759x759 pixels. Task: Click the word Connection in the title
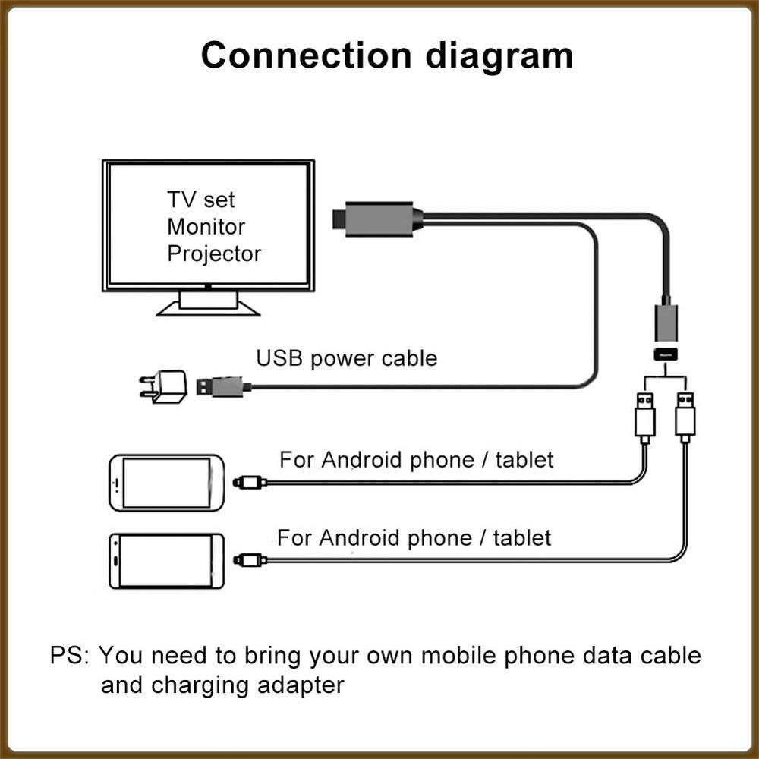pyautogui.click(x=306, y=55)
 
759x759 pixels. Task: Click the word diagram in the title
pyautogui.click(x=499, y=57)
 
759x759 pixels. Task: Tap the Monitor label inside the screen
pyautogui.click(x=206, y=226)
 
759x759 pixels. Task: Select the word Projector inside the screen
pyautogui.click(x=214, y=254)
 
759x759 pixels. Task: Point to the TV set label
pyautogui.click(x=201, y=200)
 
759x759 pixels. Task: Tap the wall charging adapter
pyautogui.click(x=163, y=386)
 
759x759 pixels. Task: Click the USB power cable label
pyautogui.click(x=347, y=358)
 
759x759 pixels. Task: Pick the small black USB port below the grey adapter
pyautogui.click(x=666, y=354)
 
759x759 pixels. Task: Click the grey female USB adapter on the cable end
pyautogui.click(x=666, y=321)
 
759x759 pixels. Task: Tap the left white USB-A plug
pyautogui.click(x=644, y=417)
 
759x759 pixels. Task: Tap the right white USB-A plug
pyautogui.click(x=685, y=417)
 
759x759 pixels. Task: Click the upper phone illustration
pyautogui.click(x=166, y=483)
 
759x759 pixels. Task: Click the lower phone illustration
pyautogui.click(x=166, y=561)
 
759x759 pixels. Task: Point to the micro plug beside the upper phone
pyautogui.click(x=250, y=483)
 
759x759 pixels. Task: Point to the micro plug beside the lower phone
pyautogui.click(x=250, y=561)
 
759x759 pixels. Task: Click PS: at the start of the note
pyautogui.click(x=70, y=656)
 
